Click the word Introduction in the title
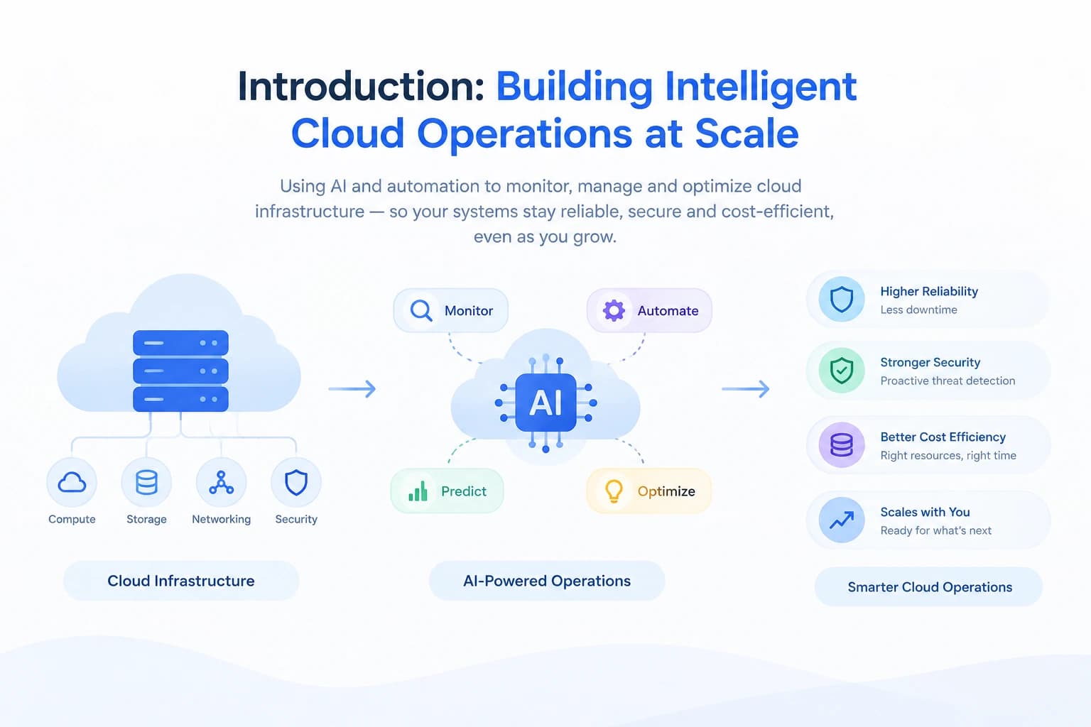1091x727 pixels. pos(361,87)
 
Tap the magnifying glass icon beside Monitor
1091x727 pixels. pos(420,311)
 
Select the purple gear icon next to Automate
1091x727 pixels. pos(614,311)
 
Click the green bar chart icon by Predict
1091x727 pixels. pos(418,491)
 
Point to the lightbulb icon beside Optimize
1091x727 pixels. pos(614,491)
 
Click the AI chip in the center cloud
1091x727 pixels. pos(545,403)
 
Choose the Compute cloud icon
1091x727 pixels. pos(72,483)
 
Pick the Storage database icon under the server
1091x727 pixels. pos(146,483)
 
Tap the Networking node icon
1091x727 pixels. pos(221,483)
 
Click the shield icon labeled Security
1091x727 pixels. pos(296,483)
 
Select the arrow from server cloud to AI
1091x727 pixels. pos(352,388)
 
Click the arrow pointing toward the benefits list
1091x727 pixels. pos(746,388)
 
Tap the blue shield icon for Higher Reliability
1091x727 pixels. pos(842,299)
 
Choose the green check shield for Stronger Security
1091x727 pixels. pos(842,371)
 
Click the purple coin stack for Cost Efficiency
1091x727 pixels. pos(842,444)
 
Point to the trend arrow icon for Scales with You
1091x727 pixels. pos(842,520)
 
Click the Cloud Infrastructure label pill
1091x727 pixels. pos(181,581)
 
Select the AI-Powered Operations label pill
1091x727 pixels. pos(547,581)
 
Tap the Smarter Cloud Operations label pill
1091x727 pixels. pos(929,586)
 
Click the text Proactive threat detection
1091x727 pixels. pos(948,381)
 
